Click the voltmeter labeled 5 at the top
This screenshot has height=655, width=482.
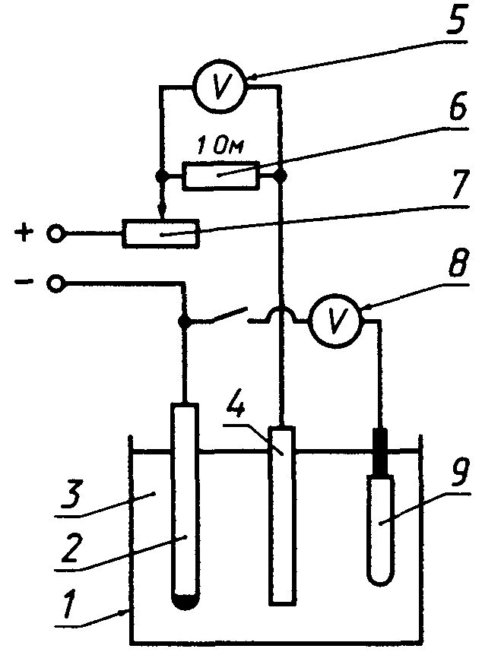tap(220, 87)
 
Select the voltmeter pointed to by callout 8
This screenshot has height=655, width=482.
tap(335, 321)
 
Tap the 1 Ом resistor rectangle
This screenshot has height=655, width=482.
tap(221, 176)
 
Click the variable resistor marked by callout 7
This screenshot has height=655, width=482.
tap(161, 234)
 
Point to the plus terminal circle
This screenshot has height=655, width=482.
tap(55, 233)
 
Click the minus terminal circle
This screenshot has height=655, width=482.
tap(55, 283)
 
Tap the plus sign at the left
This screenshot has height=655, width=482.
tap(24, 233)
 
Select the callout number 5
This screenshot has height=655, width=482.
tap(455, 19)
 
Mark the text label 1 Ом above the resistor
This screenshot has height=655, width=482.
tap(220, 147)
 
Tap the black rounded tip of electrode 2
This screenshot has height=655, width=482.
tap(184, 601)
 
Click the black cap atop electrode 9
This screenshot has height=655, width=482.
tap(380, 453)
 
